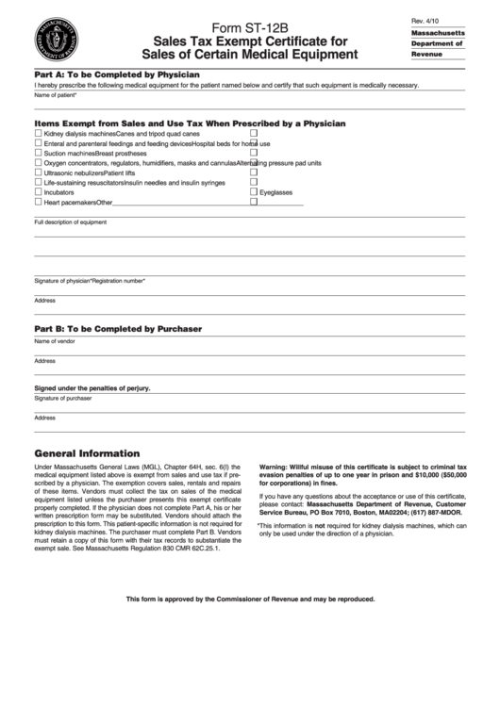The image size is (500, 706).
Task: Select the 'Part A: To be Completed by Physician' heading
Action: click(x=116, y=74)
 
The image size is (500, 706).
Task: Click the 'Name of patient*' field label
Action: click(x=56, y=95)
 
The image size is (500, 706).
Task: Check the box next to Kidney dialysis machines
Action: click(x=38, y=134)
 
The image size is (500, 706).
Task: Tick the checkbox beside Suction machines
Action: click(x=38, y=153)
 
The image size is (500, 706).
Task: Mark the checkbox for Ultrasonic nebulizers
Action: click(x=38, y=172)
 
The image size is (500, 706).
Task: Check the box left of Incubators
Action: click(x=38, y=191)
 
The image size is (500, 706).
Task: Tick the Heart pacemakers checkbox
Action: click(x=38, y=202)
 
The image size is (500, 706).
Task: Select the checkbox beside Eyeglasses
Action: click(x=253, y=191)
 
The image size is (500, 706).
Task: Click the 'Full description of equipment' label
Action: click(x=70, y=222)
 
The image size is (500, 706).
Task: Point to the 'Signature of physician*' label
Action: click(x=62, y=281)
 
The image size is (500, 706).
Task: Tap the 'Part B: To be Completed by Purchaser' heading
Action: click(x=118, y=329)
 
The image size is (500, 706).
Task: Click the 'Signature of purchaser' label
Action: click(x=62, y=399)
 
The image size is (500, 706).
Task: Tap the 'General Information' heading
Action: click(x=87, y=452)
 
